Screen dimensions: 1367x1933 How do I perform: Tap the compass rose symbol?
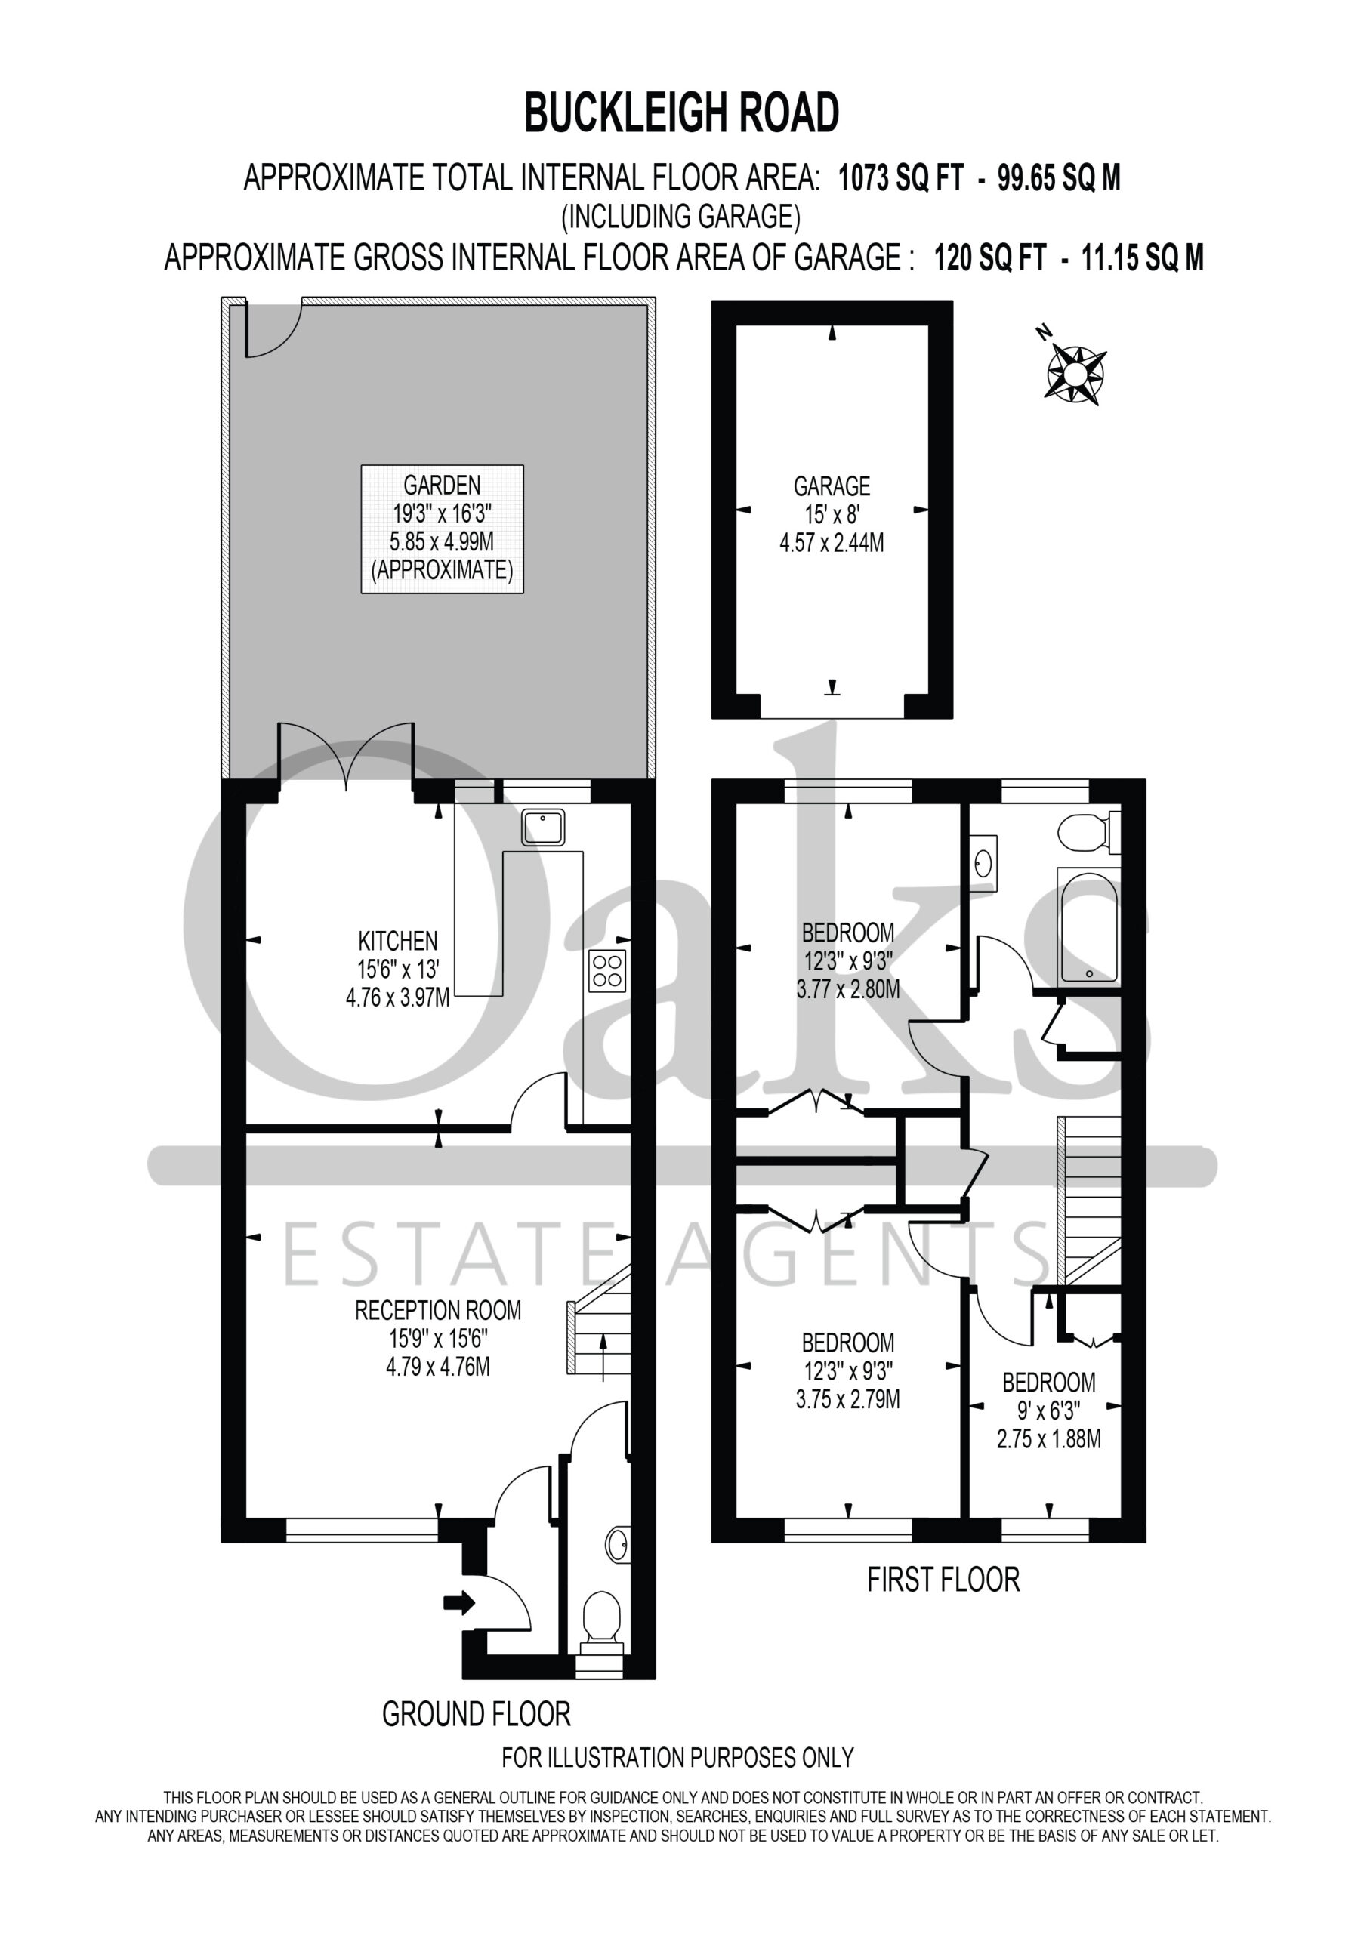coord(1075,371)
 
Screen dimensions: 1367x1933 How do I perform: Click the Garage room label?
coord(832,513)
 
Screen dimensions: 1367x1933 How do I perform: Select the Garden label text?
coord(442,528)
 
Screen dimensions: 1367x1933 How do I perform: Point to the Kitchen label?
coord(397,969)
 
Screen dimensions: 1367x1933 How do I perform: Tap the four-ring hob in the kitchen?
coord(607,969)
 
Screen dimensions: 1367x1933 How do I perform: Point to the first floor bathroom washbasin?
coord(983,863)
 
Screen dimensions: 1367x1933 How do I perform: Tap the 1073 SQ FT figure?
coord(900,179)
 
